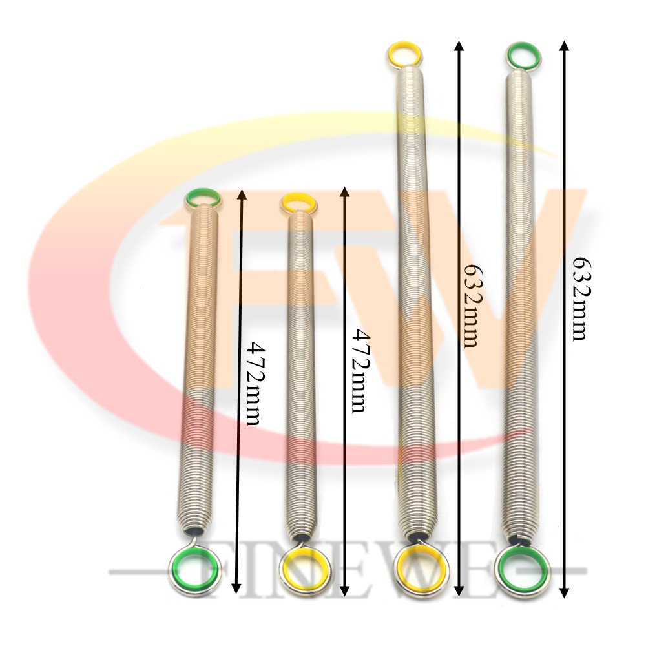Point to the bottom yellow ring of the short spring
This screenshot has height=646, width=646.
click(288, 572)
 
